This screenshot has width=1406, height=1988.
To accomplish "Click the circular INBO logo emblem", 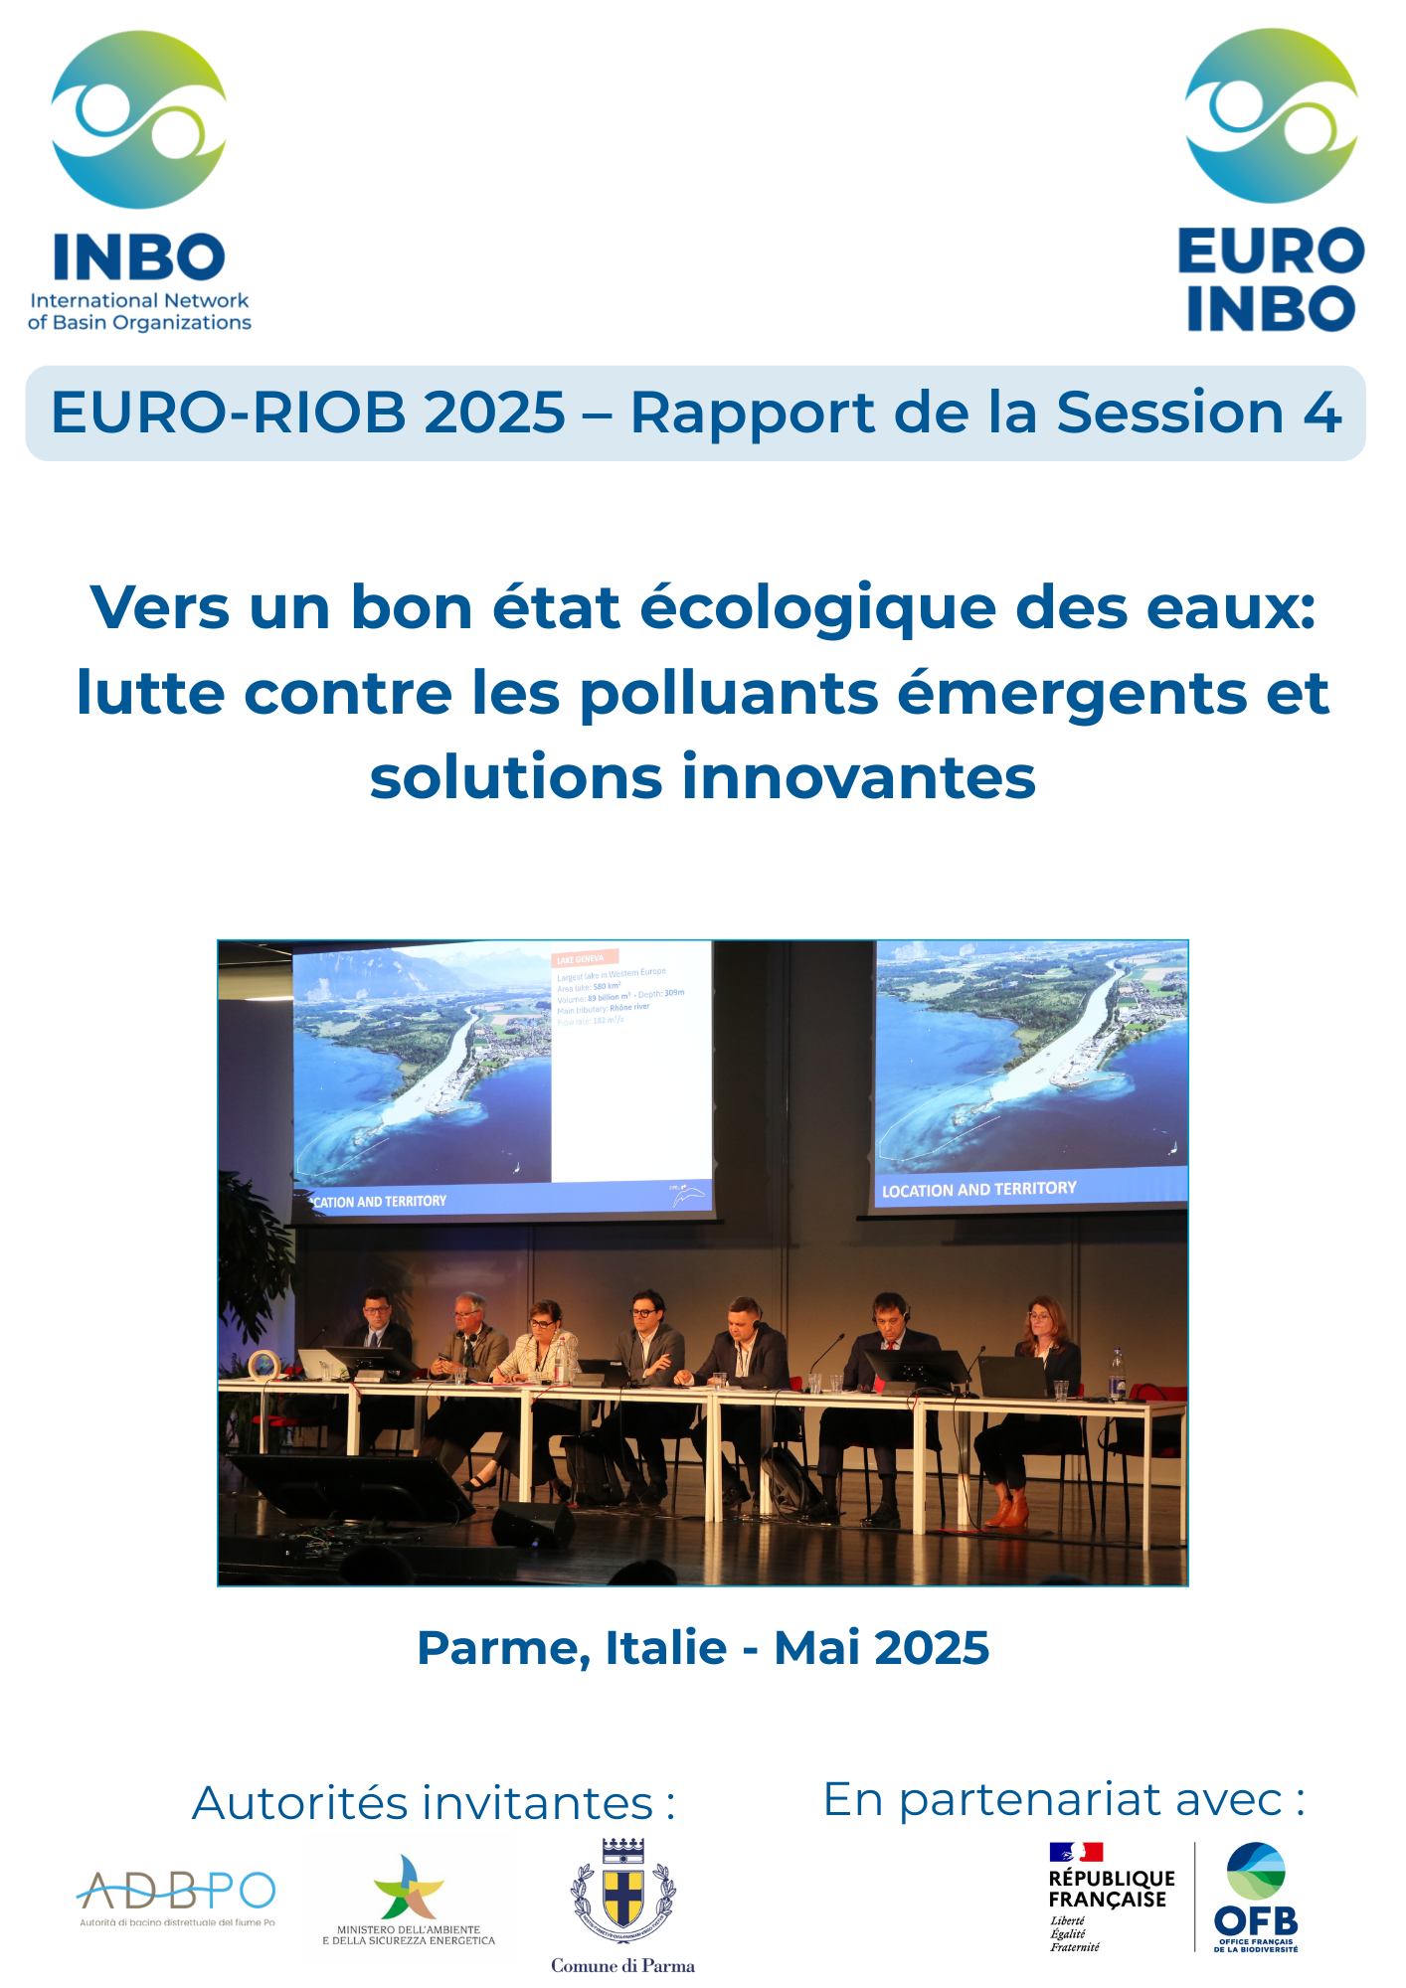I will click(139, 119).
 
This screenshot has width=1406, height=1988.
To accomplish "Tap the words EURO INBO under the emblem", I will click(1271, 279).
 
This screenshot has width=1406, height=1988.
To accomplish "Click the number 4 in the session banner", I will click(1322, 413).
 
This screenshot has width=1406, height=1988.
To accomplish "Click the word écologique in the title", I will click(817, 607).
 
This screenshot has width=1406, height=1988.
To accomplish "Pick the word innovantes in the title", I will click(859, 777).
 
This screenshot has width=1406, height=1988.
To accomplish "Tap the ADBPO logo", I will click(176, 1892).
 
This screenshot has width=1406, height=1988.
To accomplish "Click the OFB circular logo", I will click(1256, 1873).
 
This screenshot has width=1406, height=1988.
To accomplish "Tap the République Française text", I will click(1112, 1889).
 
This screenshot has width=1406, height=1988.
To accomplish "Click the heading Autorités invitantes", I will click(434, 1803).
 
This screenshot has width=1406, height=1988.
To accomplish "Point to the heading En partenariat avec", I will click(1064, 1799).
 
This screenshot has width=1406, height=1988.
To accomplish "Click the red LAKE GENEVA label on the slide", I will click(585, 959).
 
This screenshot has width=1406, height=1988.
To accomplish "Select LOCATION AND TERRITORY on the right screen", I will click(978, 1189).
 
